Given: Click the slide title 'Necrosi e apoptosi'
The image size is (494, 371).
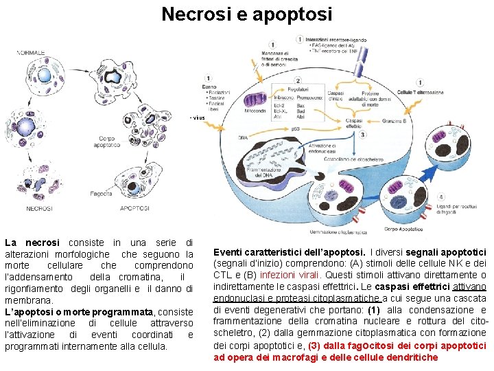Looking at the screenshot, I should (x=246, y=14).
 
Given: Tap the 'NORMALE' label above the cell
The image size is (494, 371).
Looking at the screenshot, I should (x=31, y=52).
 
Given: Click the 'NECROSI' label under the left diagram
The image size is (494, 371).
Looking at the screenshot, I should (x=39, y=208).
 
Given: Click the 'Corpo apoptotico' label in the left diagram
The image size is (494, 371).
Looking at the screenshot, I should (x=108, y=142).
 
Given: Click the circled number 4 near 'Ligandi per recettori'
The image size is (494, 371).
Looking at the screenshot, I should (x=440, y=196).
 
